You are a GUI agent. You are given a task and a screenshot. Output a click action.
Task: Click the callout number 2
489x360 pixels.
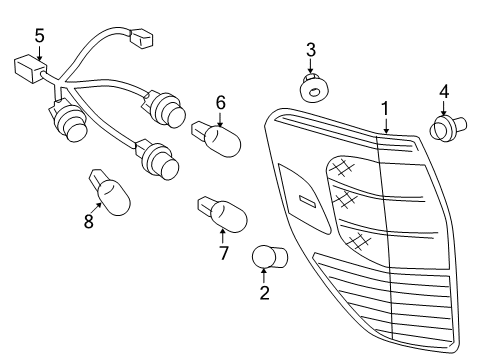pos(264,293)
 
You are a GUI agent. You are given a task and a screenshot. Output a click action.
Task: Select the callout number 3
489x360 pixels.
pos(311,49)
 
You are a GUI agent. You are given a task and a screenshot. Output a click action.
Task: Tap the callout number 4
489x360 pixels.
pos(443,92)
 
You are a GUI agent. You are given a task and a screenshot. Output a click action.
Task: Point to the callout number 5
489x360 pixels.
pos(39,36)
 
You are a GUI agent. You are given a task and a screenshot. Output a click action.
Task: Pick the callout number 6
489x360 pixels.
pos(221,101)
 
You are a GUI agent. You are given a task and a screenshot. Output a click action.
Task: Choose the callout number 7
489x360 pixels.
pos(223,253)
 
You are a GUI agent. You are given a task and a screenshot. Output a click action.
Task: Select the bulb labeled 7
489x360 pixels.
pos(226,212)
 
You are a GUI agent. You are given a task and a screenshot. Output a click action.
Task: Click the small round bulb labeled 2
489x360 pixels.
pos(268,257)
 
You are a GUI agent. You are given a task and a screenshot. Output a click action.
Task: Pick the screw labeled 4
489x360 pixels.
pos(444,129)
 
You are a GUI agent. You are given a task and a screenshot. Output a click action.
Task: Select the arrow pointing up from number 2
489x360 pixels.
pos(264,276)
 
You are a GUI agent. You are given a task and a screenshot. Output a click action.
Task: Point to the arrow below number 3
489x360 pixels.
pos(312,66)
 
